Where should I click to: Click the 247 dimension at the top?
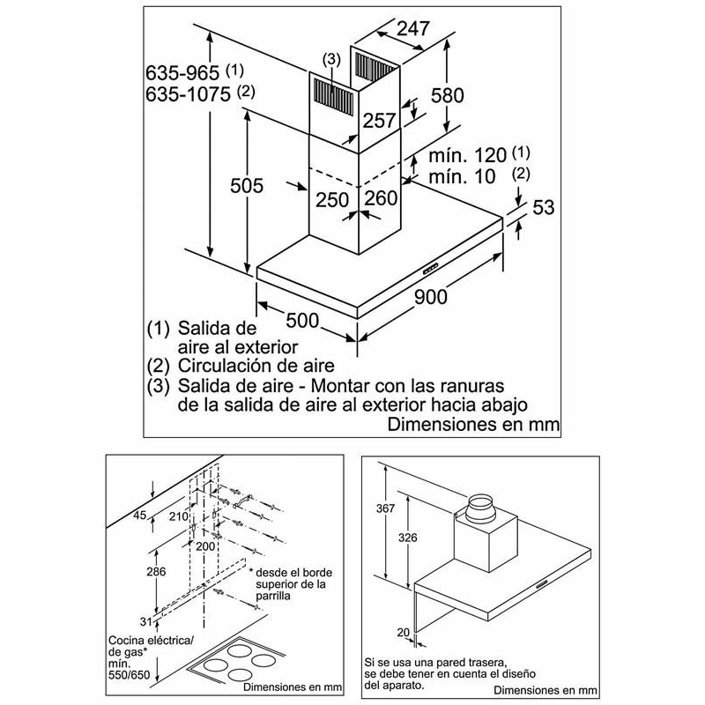[x=412, y=28]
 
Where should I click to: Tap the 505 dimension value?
[x=247, y=185]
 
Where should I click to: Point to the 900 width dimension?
[x=430, y=297]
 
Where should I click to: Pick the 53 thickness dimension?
[x=544, y=208]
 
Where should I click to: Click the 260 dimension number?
[x=381, y=199]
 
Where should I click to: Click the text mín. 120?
[x=468, y=156]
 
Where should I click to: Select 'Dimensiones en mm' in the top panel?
[x=474, y=425]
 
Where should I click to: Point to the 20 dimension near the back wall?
[x=403, y=631]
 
